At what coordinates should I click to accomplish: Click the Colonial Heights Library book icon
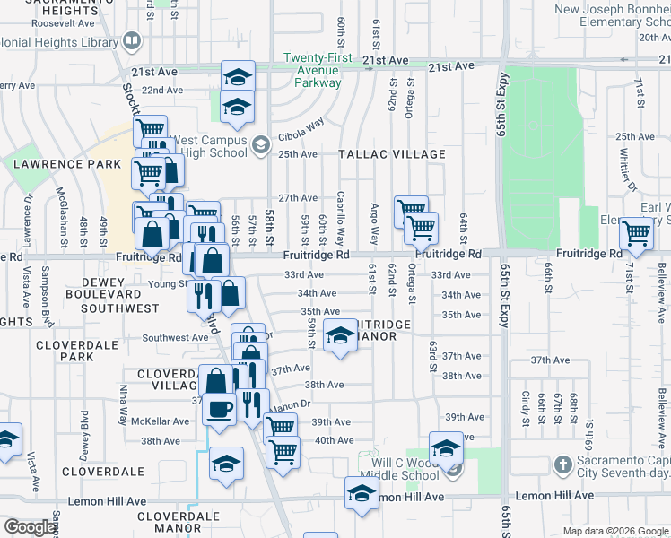pos(132,40)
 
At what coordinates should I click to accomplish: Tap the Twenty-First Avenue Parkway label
pos(312,70)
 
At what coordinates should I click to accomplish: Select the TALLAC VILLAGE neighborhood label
pos(392,154)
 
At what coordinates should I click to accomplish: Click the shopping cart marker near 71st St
pos(636,233)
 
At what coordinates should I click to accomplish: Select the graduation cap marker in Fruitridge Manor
pos(340,336)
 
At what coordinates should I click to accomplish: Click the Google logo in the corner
pos(30,527)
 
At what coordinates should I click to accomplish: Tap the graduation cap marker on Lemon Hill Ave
pos(362,492)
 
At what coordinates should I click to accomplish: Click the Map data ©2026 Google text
pos(615,531)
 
